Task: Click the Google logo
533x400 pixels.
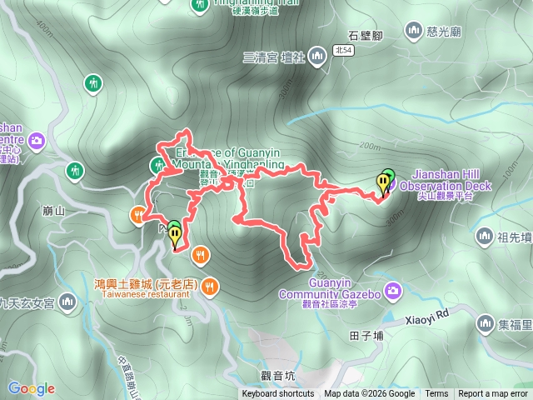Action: tap(31, 388)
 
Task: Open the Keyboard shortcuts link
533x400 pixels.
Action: tap(278, 394)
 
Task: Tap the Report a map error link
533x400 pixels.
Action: tap(492, 394)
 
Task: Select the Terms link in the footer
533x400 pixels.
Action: tap(436, 394)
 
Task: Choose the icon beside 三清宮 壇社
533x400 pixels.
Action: tap(316, 56)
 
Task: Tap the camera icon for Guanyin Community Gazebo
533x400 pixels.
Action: tap(393, 290)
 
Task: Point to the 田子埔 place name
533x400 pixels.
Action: tap(366, 336)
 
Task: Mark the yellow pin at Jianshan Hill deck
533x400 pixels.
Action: tap(382, 185)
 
